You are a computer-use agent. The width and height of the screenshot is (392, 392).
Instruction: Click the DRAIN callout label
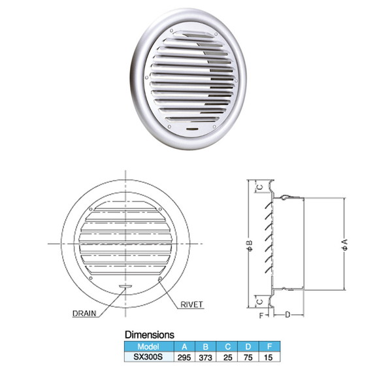tap(84, 314)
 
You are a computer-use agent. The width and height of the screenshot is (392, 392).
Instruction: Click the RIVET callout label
tap(191, 304)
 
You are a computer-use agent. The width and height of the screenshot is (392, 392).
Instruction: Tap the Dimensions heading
tap(150, 335)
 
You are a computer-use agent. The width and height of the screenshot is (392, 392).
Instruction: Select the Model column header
tap(149, 346)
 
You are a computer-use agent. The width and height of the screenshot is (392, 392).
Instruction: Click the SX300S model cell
tap(149, 357)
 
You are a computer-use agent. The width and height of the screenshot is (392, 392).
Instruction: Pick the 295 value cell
tap(184, 357)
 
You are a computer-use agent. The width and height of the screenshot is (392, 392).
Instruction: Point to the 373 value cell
tap(206, 357)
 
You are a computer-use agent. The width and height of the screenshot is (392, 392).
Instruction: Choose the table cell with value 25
tap(227, 357)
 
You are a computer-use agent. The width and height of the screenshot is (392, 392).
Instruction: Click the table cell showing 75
tap(248, 357)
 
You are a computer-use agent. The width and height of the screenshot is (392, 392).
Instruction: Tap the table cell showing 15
tap(269, 357)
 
